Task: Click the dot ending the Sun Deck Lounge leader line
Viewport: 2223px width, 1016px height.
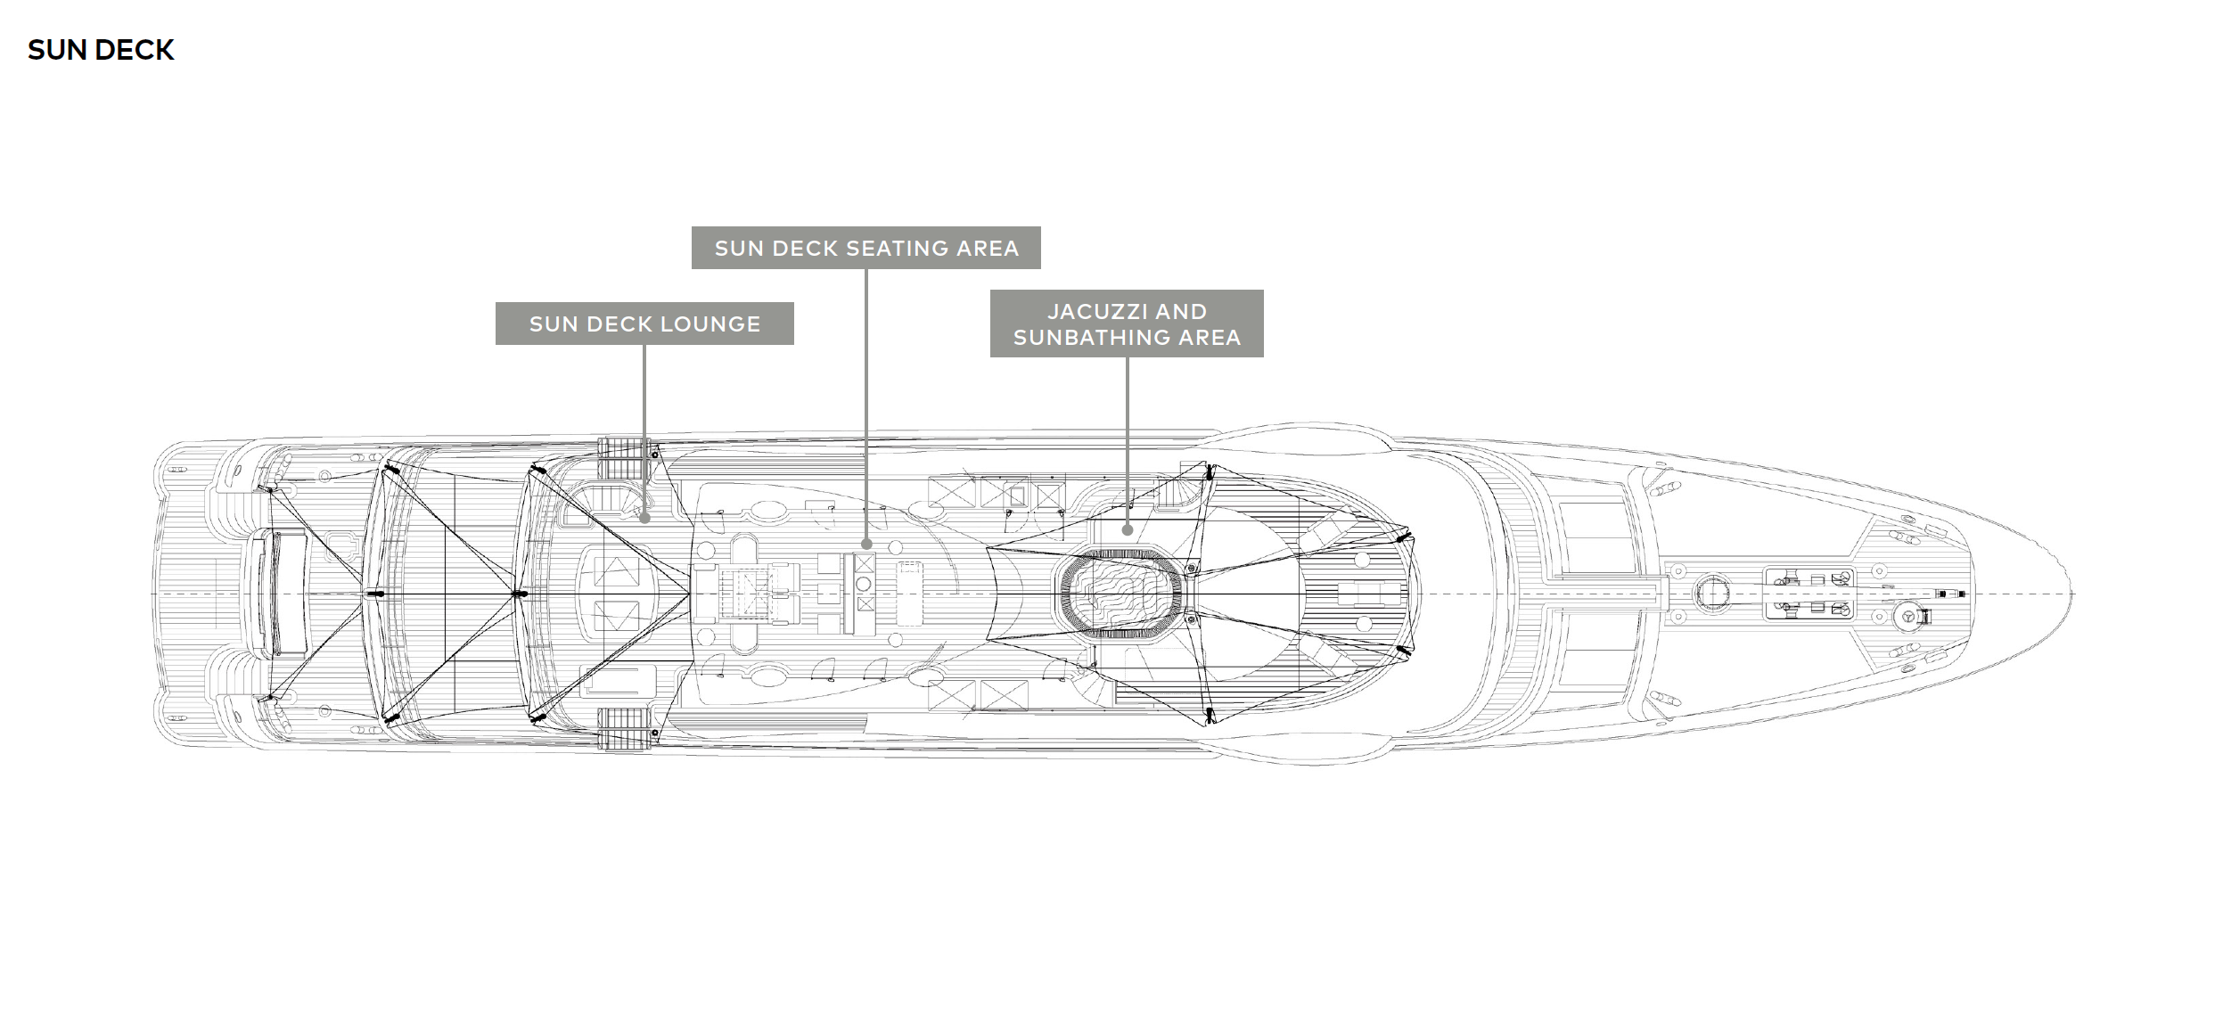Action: pos(644,517)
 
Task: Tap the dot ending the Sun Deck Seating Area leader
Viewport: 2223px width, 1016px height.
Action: pos(866,544)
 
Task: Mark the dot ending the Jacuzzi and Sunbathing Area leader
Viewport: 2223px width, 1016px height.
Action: pos(1127,529)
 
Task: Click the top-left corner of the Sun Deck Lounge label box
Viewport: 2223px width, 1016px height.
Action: pos(496,302)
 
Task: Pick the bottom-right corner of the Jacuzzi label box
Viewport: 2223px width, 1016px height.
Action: pos(1264,357)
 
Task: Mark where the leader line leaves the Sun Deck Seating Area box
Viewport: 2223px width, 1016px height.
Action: pos(866,269)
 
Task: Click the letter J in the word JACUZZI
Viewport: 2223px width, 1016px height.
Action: pos(1053,312)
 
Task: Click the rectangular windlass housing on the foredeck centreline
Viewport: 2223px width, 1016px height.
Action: pos(1809,593)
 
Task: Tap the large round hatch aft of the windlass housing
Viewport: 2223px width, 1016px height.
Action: pos(1710,593)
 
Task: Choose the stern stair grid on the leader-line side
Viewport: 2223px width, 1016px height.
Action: pos(624,461)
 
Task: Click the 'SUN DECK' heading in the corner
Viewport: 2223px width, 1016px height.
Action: pos(101,50)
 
